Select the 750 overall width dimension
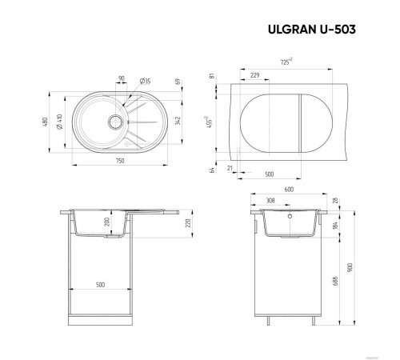(x=119, y=162)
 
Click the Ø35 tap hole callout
(x=146, y=81)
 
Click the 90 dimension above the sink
(x=122, y=79)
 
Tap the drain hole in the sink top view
(x=113, y=124)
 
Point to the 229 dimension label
(x=254, y=75)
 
